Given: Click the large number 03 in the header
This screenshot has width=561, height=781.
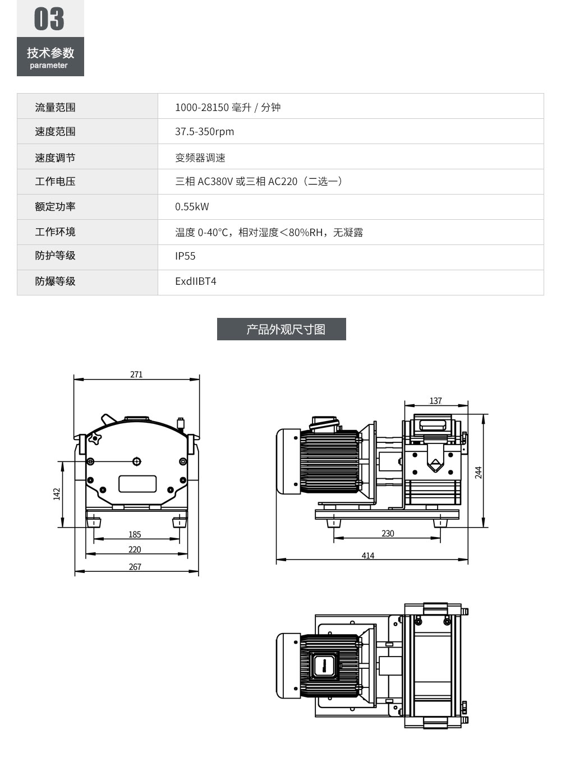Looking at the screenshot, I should click(x=49, y=19).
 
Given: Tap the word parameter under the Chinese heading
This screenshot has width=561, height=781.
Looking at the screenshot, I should click(x=49, y=66).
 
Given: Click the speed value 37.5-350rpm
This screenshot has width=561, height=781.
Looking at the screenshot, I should click(x=204, y=132).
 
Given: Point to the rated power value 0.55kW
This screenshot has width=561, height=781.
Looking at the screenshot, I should click(x=192, y=207).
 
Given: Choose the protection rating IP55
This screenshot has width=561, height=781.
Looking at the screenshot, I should click(x=185, y=256).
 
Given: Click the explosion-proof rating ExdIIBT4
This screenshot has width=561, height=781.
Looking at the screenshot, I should click(x=195, y=281).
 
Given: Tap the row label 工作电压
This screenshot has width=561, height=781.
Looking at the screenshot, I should click(x=55, y=182).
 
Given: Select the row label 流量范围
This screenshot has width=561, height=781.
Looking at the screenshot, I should click(x=55, y=107).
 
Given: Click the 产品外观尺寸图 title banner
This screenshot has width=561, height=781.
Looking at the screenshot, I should click(x=282, y=329).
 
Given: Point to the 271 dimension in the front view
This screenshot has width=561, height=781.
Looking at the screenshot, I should click(x=136, y=375).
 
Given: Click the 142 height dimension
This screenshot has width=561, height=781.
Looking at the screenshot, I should click(x=57, y=494).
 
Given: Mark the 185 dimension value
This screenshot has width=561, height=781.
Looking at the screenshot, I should click(x=135, y=534).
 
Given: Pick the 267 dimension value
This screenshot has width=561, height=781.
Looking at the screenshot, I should click(x=135, y=567).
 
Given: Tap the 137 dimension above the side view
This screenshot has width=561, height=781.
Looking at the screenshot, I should click(x=436, y=401).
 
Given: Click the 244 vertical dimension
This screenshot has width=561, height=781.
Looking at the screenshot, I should click(x=479, y=472).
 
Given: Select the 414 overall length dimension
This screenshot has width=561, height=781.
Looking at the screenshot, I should click(x=367, y=556).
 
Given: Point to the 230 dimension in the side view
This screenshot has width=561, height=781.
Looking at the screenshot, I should click(x=388, y=534).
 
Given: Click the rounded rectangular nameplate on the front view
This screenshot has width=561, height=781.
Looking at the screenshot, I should click(x=137, y=484).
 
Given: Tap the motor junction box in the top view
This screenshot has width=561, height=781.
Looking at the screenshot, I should click(x=324, y=666).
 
